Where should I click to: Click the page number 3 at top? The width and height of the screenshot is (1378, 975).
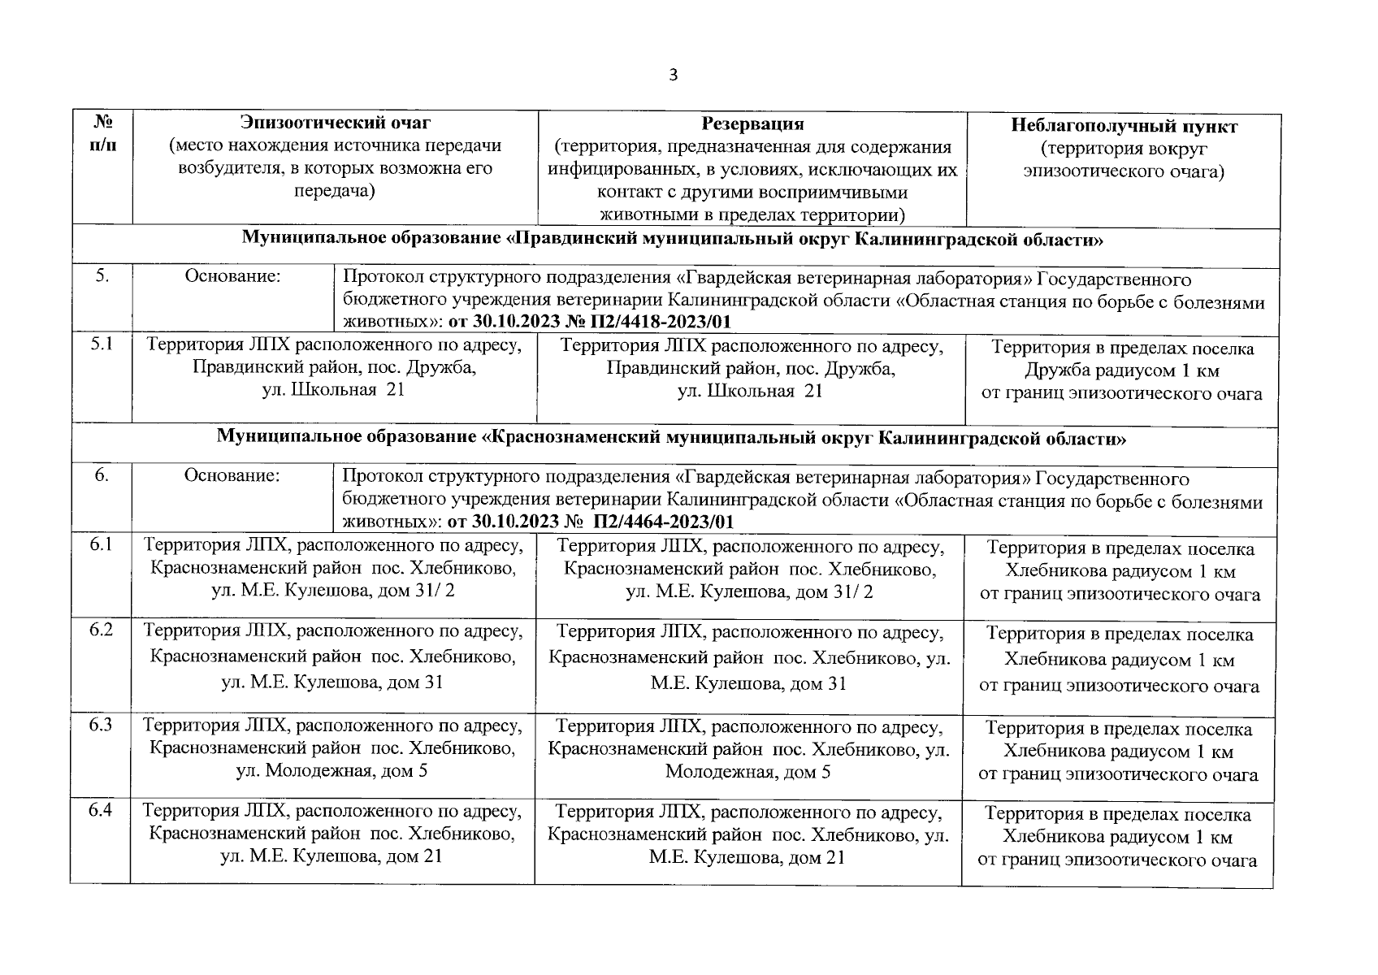pyautogui.click(x=672, y=76)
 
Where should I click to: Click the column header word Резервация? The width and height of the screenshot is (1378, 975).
pyautogui.click(x=752, y=124)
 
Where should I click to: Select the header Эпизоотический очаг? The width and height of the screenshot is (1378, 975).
pyautogui.click(x=335, y=123)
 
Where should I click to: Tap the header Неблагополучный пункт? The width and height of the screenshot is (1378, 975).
pyautogui.click(x=1124, y=126)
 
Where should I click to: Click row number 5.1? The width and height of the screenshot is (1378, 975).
pyautogui.click(x=102, y=344)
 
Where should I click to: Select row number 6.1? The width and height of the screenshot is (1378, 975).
pyautogui.click(x=102, y=544)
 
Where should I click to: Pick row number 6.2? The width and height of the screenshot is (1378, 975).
pyautogui.click(x=101, y=630)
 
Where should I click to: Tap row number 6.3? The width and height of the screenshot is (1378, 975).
pyautogui.click(x=101, y=725)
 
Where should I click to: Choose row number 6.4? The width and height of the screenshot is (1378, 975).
pyautogui.click(x=101, y=810)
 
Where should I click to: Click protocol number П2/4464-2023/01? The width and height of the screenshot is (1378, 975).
pyautogui.click(x=664, y=522)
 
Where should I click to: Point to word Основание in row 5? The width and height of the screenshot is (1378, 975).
pyautogui.click(x=232, y=276)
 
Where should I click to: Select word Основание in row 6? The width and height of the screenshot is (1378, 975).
pyautogui.click(x=232, y=475)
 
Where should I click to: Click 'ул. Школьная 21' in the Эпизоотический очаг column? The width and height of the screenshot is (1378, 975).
pyautogui.click(x=332, y=389)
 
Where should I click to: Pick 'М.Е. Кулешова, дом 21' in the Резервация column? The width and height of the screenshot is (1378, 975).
pyautogui.click(x=747, y=857)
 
